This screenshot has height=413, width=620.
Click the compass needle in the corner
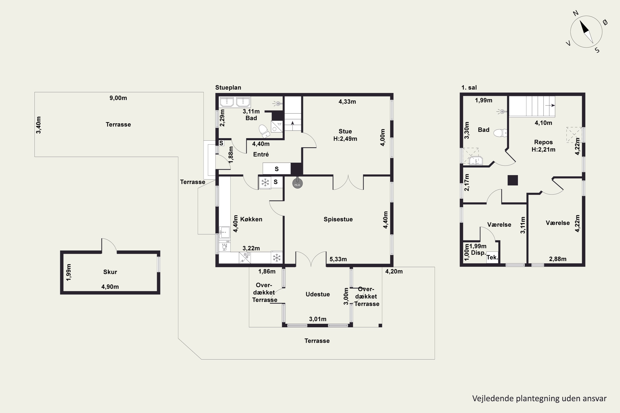[x=586, y=32]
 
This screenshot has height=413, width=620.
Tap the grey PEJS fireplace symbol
[x=297, y=184]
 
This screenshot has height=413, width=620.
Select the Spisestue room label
[x=338, y=219]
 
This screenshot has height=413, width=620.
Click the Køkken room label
[x=251, y=219]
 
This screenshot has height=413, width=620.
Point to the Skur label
[x=110, y=272]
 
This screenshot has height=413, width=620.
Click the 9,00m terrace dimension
[x=118, y=98]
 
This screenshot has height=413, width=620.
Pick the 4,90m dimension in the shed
[x=110, y=287]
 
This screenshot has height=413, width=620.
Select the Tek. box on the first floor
[x=492, y=257]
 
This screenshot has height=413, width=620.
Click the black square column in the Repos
[x=513, y=180]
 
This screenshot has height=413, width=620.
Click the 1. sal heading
[x=469, y=87]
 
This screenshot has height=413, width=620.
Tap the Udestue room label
[x=318, y=294]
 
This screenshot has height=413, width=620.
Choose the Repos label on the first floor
[x=543, y=142]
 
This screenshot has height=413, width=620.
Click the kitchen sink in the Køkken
[x=224, y=232]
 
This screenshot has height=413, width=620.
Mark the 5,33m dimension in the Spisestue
[x=338, y=259]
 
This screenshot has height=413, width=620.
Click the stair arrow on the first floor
[x=550, y=105]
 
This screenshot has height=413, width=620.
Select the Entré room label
[x=261, y=154]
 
